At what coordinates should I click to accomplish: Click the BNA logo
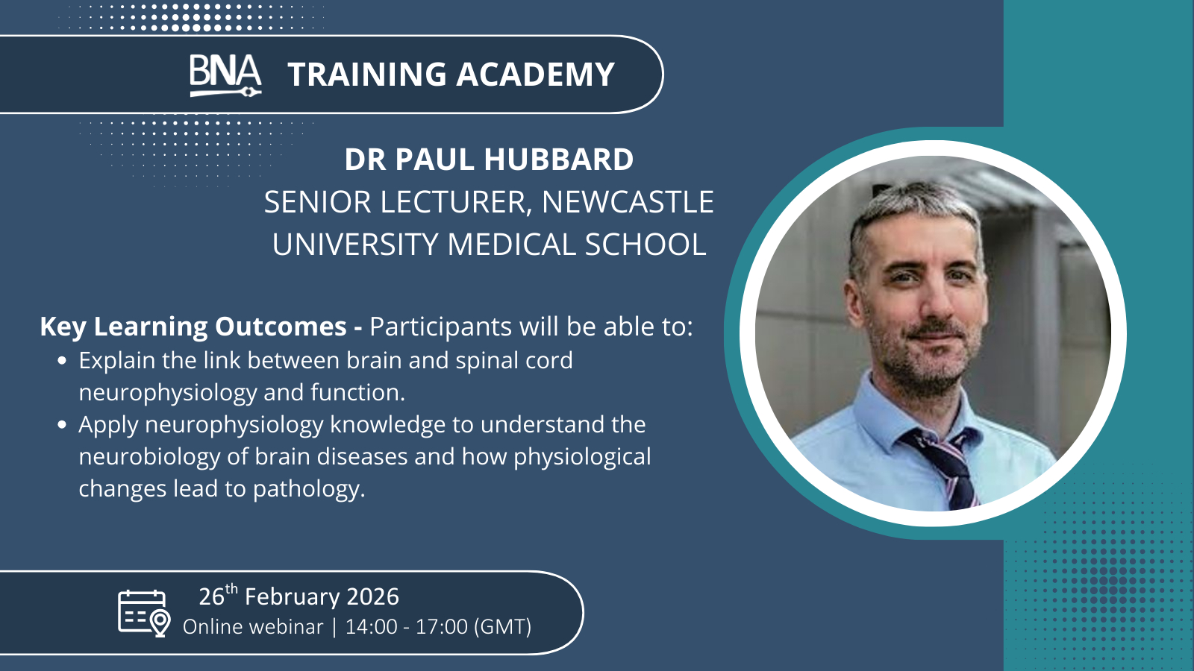pyautogui.click(x=225, y=75)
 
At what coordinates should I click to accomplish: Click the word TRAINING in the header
pyautogui.click(x=367, y=74)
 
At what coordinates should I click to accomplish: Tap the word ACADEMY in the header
pyautogui.click(x=535, y=74)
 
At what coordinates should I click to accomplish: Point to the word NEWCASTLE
pyautogui.click(x=628, y=202)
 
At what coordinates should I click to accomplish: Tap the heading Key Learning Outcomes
pyautogui.click(x=193, y=327)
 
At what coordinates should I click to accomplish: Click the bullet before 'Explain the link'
pyautogui.click(x=62, y=361)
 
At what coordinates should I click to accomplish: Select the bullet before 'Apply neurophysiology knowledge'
pyautogui.click(x=62, y=425)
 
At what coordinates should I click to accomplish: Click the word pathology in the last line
pyautogui.click(x=309, y=489)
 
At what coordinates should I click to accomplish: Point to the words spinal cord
pyautogui.click(x=514, y=361)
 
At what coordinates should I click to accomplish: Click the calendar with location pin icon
pyautogui.click(x=144, y=613)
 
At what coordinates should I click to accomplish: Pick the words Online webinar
pyautogui.click(x=253, y=627)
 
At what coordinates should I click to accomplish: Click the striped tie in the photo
pyautogui.click(x=950, y=467)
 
